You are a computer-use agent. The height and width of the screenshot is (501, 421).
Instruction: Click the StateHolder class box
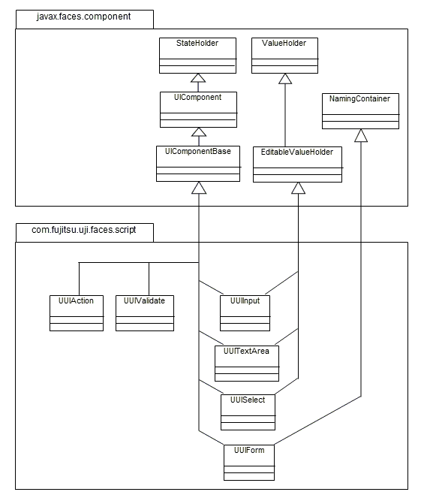click(x=197, y=56)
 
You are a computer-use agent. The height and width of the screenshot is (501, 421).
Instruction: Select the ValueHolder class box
click(x=284, y=56)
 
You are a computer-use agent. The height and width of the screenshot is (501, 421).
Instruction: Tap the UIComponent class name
click(x=197, y=97)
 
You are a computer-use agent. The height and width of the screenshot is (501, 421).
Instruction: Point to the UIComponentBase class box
click(x=198, y=164)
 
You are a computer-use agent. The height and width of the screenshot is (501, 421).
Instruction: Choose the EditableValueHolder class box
click(x=297, y=164)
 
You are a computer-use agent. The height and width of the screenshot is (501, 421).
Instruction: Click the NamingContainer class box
click(x=361, y=111)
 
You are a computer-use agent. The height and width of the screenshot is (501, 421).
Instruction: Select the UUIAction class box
click(x=77, y=313)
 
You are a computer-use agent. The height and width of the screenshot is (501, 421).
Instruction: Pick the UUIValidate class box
click(x=145, y=313)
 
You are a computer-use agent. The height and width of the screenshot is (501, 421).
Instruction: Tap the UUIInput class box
click(x=245, y=313)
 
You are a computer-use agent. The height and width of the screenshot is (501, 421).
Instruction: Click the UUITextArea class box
click(x=247, y=364)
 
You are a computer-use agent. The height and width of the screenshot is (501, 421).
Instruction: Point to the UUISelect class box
click(x=248, y=412)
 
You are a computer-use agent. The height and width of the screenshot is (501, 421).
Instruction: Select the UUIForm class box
click(x=249, y=463)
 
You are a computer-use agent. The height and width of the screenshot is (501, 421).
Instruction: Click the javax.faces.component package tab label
click(x=83, y=17)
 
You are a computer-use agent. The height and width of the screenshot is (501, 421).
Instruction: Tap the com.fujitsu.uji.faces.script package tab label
click(x=84, y=230)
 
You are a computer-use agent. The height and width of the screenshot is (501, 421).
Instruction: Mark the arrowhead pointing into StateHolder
click(x=198, y=78)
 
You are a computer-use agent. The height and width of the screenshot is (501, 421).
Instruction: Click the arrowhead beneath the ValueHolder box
click(x=285, y=79)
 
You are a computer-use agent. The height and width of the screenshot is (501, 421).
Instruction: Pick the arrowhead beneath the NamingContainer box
click(x=361, y=135)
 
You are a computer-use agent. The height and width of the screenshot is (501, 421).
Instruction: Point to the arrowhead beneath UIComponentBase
click(x=199, y=188)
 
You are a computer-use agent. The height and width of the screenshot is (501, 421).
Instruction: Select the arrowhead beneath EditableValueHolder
click(x=299, y=188)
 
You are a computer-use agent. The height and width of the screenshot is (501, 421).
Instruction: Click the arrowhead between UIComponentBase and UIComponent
click(x=199, y=132)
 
